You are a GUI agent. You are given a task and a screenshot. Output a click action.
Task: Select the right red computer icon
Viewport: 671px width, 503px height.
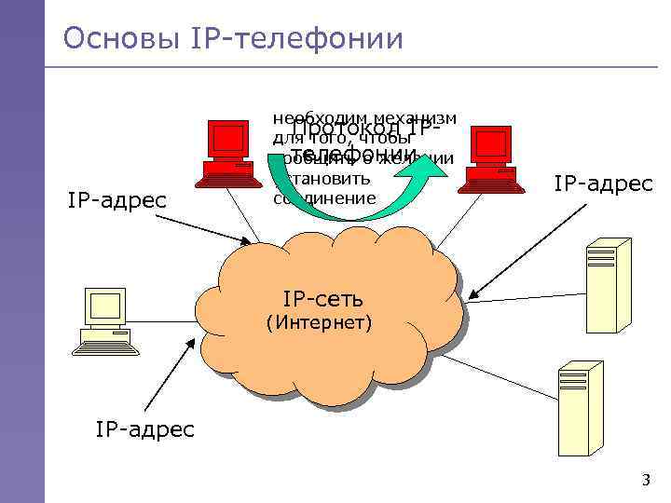coord(492,158)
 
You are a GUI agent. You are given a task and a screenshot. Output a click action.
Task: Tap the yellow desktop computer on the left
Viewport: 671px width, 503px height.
coord(103,320)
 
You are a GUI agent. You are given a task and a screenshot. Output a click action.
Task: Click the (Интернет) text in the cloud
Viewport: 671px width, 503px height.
coord(320,323)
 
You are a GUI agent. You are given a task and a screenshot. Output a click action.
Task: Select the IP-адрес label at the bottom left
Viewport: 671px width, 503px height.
coord(144,428)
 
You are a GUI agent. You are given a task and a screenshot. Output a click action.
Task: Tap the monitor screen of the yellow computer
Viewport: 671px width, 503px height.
coord(105,306)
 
